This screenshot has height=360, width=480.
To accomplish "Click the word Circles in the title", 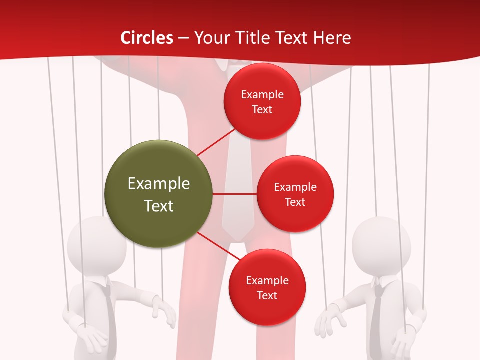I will point(146,38).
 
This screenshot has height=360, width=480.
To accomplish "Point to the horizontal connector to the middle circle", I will point(234,194).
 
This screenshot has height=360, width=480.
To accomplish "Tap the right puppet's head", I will point(381,245).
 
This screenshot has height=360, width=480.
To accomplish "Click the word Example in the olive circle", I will point(159,184).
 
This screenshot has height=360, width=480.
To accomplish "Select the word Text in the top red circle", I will point(262,110).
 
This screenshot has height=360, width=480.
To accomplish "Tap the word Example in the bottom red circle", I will point(267,281).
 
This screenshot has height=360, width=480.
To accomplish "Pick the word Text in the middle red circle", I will point(295,202).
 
